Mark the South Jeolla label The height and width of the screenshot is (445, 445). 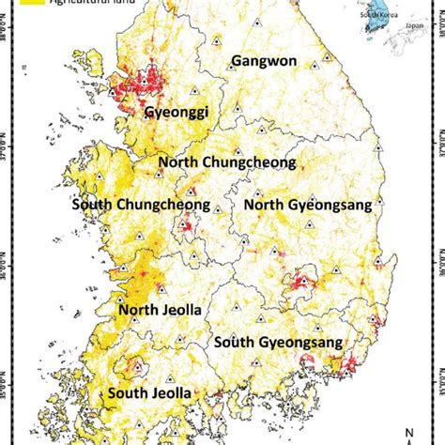click(x=149, y=392)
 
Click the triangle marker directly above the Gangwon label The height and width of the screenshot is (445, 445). click(x=218, y=40)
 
